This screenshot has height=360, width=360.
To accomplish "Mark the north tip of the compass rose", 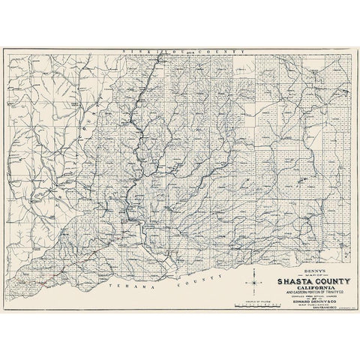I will click(255, 268).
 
